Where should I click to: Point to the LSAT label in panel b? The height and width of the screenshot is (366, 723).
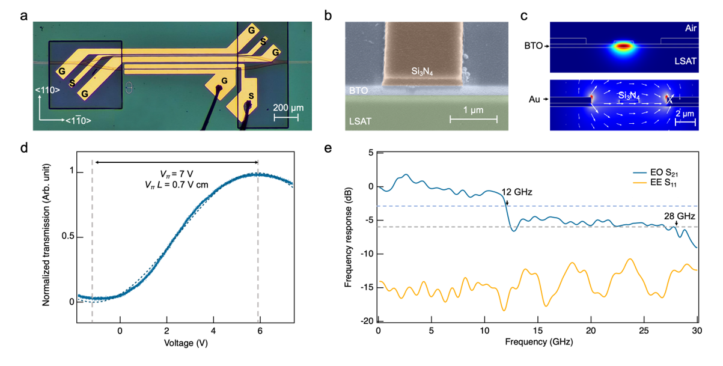pos(358,121)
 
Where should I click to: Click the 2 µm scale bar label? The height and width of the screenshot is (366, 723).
pos(685,113)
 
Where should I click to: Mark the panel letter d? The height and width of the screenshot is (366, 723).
pos(23,147)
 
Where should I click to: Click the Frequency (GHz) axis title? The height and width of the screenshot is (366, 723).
pos(537,343)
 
